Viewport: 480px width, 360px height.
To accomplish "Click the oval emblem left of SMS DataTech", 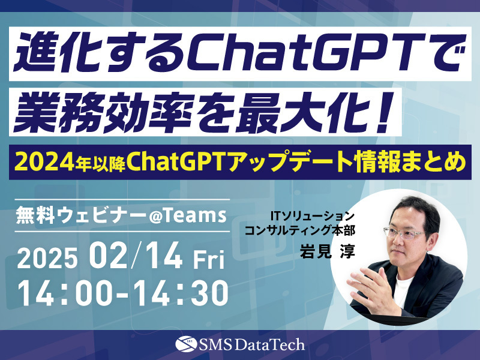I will coord(183,344).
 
